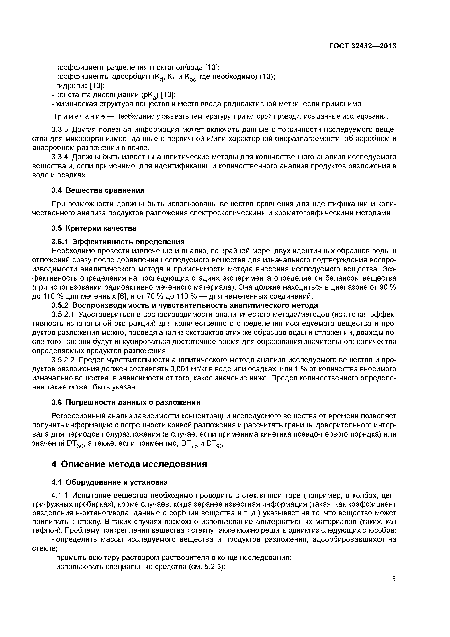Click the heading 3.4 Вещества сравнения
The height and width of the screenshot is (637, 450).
(x=98, y=190)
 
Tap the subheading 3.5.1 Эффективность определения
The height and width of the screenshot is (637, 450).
(x=118, y=242)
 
